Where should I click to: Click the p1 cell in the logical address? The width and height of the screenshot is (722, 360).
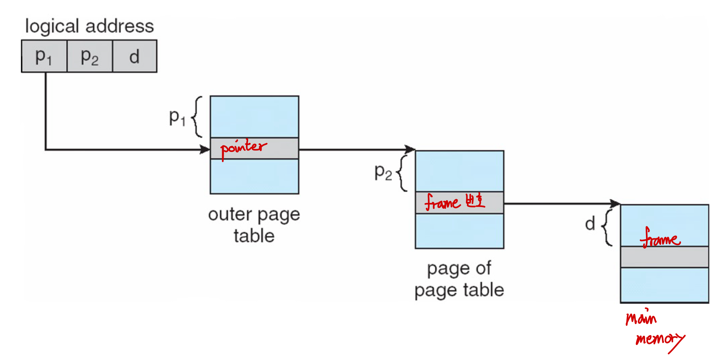click(44, 56)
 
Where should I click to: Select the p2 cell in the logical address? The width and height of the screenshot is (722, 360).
click(90, 56)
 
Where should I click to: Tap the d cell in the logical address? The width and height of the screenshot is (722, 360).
click(135, 56)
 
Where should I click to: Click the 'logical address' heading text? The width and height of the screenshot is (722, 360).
click(89, 26)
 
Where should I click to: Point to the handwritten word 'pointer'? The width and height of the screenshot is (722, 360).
click(243, 148)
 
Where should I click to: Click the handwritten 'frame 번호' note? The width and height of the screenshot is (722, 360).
click(455, 202)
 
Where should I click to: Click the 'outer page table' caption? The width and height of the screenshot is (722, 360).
click(254, 225)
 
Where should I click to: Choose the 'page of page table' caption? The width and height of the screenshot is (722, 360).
click(459, 279)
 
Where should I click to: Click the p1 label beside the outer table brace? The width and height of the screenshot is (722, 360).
click(177, 117)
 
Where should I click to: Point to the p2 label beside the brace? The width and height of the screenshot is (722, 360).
click(383, 172)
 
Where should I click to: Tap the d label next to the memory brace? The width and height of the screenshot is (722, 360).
click(590, 224)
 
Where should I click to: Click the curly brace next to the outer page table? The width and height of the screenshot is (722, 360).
click(197, 117)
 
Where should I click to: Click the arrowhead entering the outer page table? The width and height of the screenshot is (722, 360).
click(205, 149)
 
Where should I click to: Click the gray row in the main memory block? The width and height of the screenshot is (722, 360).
click(664, 257)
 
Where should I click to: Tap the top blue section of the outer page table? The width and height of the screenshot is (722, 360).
click(254, 117)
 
